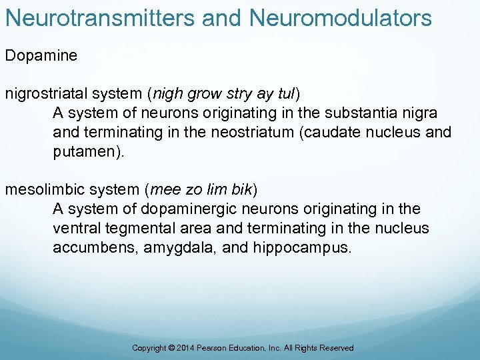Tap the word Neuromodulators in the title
tap(341, 18)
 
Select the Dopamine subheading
tap(41, 55)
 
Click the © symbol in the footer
tap(172, 348)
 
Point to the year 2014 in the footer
tap(187, 348)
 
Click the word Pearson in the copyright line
tap(214, 348)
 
